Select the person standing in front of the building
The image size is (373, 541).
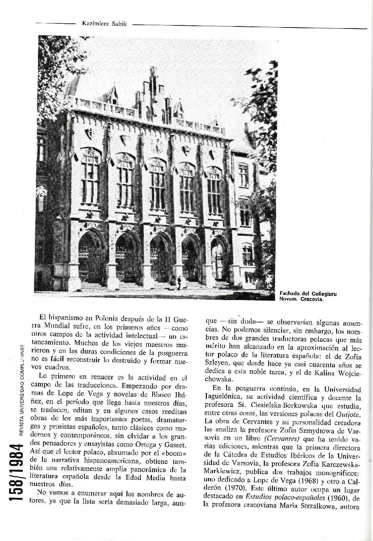click(179, 283)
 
